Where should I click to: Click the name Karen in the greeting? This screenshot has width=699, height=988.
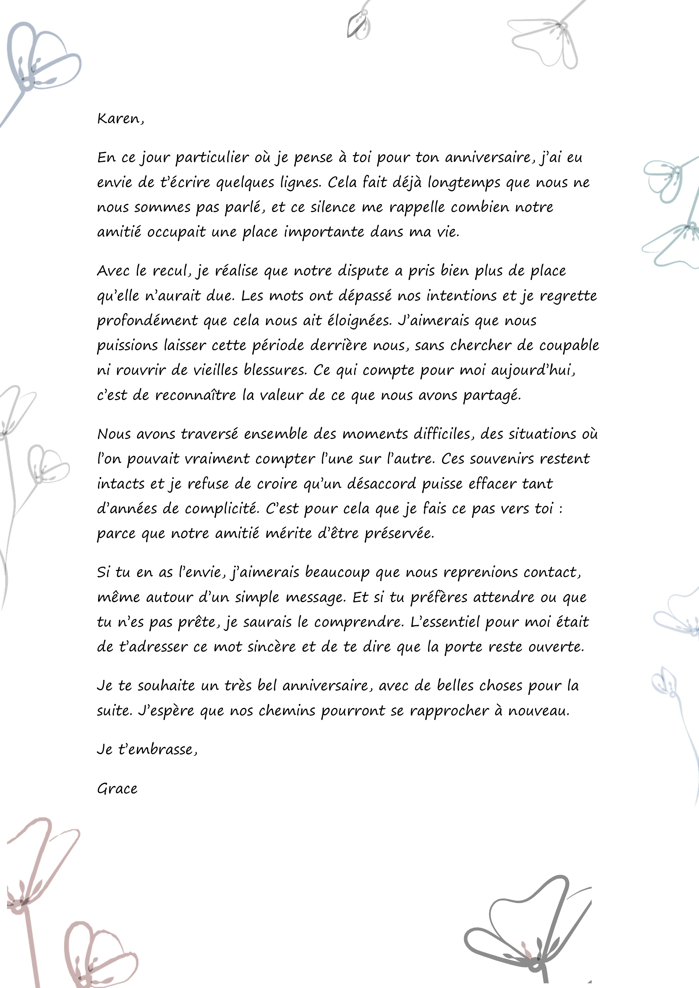(118, 118)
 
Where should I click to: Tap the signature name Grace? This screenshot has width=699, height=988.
(117, 788)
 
